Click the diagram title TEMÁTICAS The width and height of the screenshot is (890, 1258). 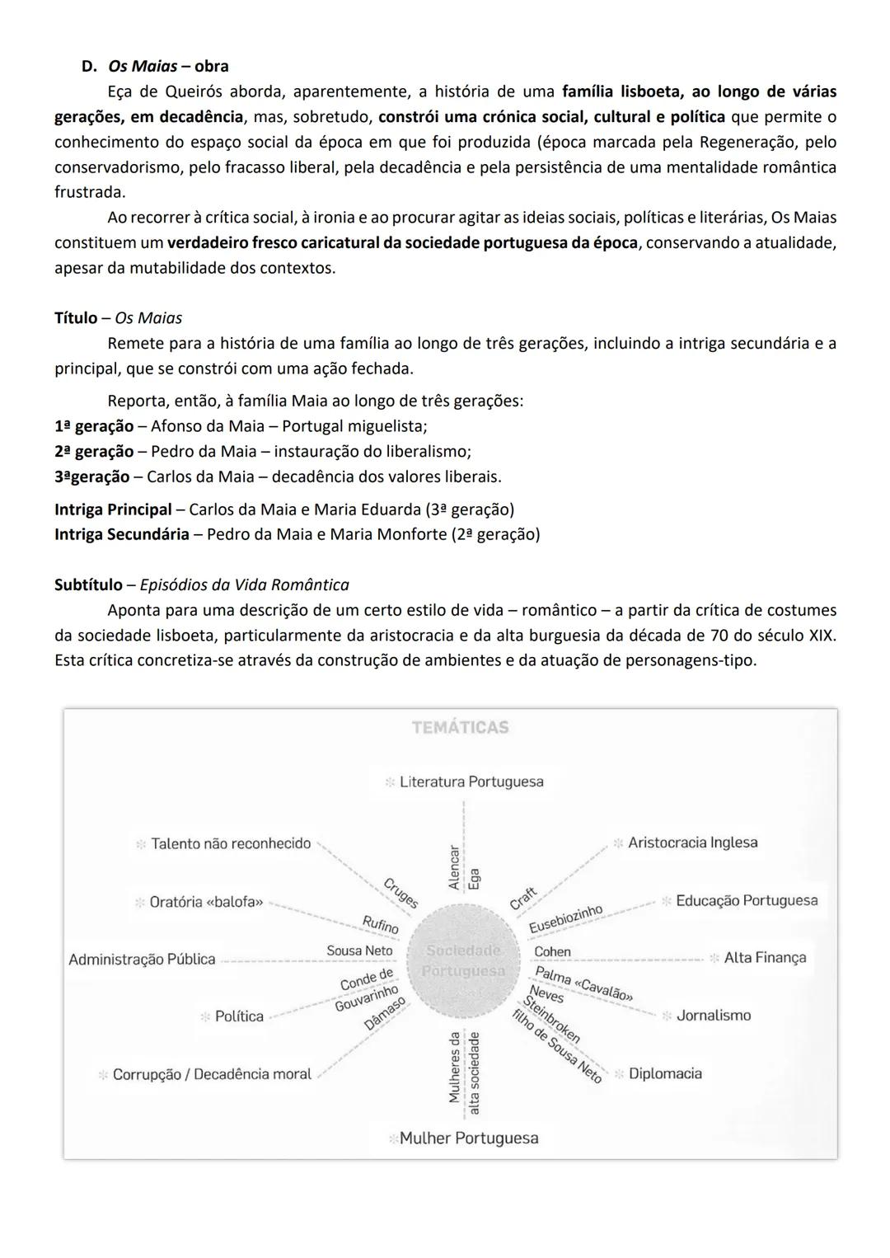(x=461, y=727)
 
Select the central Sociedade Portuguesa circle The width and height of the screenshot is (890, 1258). (x=463, y=960)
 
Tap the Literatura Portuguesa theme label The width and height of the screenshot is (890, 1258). (x=471, y=782)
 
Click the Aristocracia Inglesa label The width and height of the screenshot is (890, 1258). (x=692, y=843)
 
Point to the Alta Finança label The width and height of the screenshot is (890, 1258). (x=764, y=958)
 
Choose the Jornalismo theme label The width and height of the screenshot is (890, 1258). (x=713, y=1016)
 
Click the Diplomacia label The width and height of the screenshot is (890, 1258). (x=665, y=1073)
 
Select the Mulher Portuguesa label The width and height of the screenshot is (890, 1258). (x=468, y=1138)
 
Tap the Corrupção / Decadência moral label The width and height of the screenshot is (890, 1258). (x=212, y=1074)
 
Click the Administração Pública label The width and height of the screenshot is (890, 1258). (x=142, y=960)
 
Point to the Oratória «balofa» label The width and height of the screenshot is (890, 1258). (x=206, y=902)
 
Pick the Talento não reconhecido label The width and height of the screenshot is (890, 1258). (x=231, y=843)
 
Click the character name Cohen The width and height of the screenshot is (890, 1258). (x=552, y=951)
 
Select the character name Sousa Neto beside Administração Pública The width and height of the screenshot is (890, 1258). (x=359, y=951)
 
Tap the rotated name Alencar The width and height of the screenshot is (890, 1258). (x=453, y=866)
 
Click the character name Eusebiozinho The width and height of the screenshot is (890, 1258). (x=565, y=919)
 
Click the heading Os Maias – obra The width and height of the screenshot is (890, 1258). (x=168, y=66)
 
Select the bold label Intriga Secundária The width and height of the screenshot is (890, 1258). (x=121, y=534)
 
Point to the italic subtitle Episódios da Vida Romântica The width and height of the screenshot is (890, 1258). (x=244, y=585)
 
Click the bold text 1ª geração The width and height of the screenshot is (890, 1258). (x=93, y=427)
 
